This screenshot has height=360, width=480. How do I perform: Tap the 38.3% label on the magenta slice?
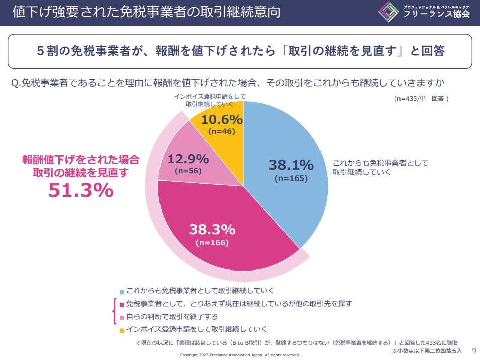[212, 230]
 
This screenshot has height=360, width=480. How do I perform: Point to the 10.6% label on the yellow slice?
[221, 120]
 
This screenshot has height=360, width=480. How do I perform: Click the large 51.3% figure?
[81, 190]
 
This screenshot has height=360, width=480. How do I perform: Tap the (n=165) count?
[291, 178]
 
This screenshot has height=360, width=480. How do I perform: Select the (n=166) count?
[212, 243]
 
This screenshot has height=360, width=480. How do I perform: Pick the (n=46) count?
[221, 131]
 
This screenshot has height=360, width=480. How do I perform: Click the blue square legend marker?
[121, 292]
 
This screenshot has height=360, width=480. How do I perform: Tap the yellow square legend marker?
[121, 330]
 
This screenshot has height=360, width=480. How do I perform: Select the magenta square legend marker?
[121, 304]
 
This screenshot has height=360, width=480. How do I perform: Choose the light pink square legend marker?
[121, 318]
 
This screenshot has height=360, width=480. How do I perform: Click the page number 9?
[473, 350]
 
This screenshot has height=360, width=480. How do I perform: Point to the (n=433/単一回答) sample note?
[421, 99]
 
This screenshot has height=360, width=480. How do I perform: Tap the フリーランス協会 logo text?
[436, 14]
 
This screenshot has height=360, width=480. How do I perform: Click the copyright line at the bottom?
[240, 355]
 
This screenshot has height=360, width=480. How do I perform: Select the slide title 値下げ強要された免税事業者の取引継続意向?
[146, 12]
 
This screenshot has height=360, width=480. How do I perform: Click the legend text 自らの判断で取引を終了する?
[172, 317]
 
